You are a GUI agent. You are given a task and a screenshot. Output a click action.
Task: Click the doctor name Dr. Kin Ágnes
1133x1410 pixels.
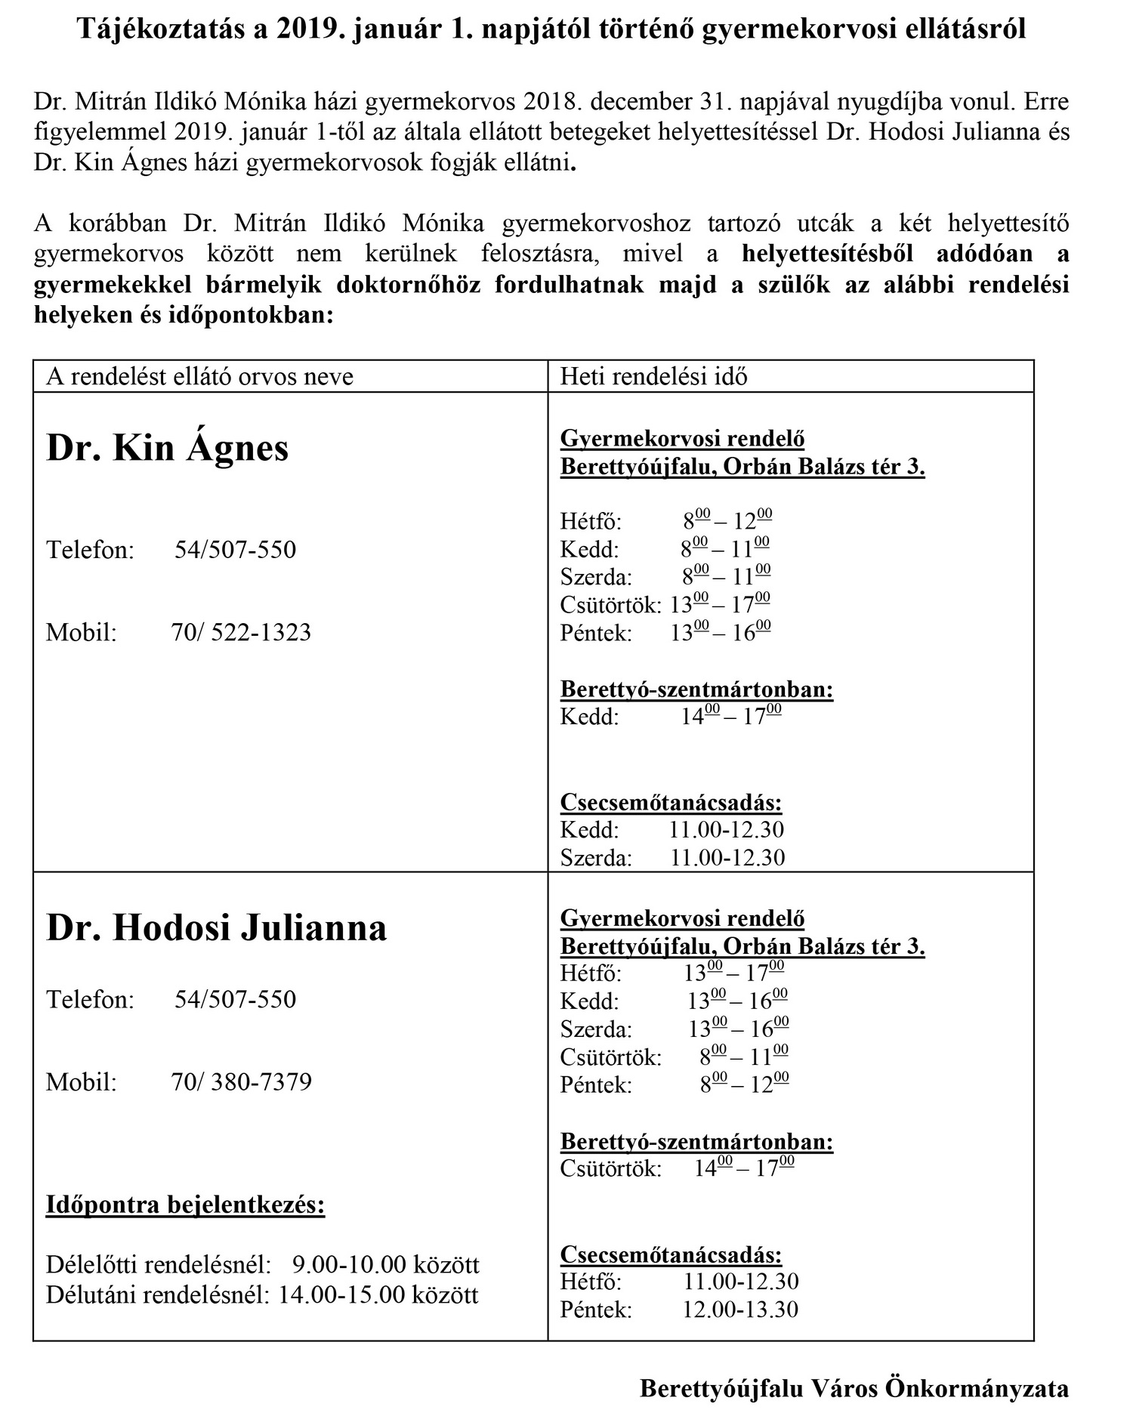[168, 448]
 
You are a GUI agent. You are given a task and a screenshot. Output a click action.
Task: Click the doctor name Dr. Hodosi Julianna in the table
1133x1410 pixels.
[216, 927]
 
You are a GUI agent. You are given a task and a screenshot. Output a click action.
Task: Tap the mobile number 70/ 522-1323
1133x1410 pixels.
[241, 632]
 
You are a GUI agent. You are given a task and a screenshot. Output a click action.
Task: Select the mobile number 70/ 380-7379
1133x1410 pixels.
[241, 1081]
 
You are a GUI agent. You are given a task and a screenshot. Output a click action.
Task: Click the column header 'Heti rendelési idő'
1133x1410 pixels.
[653, 376]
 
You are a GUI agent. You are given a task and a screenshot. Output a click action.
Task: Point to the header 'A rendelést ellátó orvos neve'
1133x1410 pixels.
[199, 376]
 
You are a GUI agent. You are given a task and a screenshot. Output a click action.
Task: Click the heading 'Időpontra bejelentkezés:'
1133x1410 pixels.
[185, 1204]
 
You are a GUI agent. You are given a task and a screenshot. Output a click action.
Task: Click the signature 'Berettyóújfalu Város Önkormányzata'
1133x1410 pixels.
[854, 1388]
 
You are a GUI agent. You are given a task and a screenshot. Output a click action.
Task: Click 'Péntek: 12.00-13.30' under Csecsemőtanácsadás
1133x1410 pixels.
[678, 1309]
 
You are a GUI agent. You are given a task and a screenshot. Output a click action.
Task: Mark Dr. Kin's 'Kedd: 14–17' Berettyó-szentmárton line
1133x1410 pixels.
[670, 716]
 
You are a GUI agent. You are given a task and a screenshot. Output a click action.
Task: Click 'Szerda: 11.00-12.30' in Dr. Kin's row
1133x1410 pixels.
[672, 857]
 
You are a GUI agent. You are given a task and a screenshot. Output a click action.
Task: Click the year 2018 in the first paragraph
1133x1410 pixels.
[550, 101]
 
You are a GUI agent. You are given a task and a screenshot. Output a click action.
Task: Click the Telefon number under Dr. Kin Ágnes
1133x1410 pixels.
[235, 549]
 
